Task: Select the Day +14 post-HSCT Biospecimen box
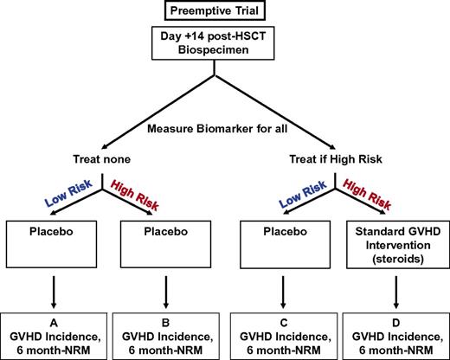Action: (222, 45)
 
